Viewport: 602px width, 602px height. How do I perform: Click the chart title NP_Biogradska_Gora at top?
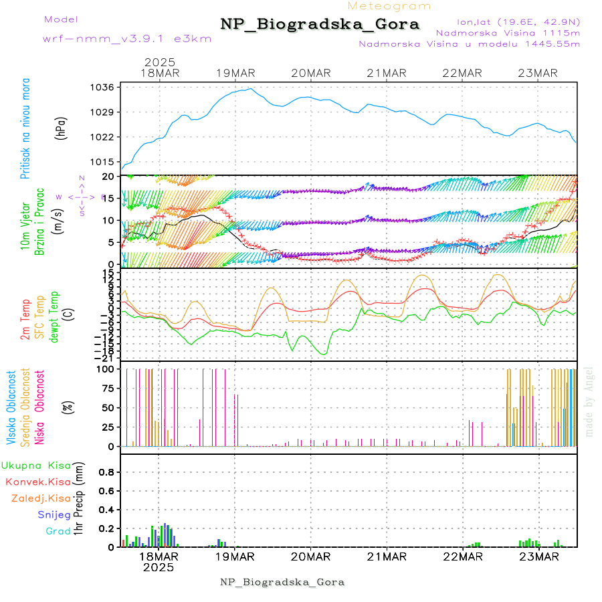(320, 25)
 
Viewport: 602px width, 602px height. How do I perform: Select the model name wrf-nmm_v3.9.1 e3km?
(127, 38)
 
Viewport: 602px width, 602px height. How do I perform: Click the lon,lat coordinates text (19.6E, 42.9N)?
(518, 21)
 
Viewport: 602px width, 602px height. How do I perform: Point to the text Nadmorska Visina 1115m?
(508, 32)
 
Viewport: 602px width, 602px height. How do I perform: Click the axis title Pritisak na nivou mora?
(25, 128)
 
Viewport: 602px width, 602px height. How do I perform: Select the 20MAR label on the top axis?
(311, 73)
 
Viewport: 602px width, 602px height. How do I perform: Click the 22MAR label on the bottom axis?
(463, 557)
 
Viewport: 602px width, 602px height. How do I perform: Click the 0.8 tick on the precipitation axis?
(107, 472)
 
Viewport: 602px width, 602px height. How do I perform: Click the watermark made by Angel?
(589, 401)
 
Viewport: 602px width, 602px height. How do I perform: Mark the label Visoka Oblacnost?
(11, 407)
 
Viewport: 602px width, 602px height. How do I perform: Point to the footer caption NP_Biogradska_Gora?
(282, 582)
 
